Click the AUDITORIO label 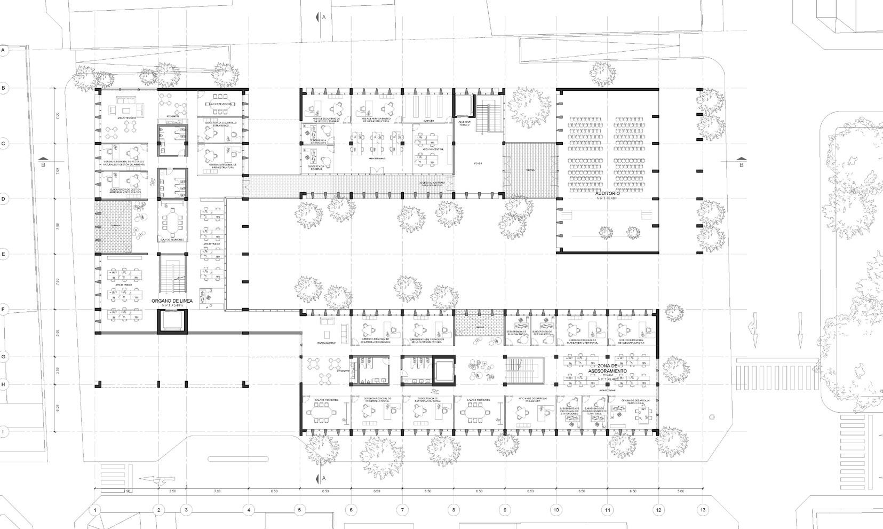click(607, 193)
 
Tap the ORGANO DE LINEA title click(171, 301)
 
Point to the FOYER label click(478, 163)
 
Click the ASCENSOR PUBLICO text click(464, 123)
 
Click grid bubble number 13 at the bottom click(703, 510)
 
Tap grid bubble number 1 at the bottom click(95, 510)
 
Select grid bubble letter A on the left click(4, 50)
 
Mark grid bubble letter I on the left click(4, 432)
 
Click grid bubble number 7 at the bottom click(402, 510)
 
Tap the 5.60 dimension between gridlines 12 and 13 click(680, 491)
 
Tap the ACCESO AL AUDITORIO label click(434, 184)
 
